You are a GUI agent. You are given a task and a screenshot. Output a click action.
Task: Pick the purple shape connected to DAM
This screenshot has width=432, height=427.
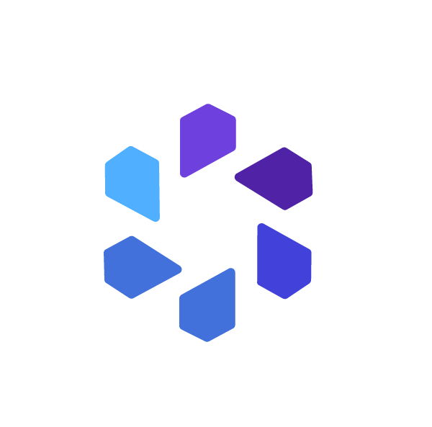click(x=207, y=140)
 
